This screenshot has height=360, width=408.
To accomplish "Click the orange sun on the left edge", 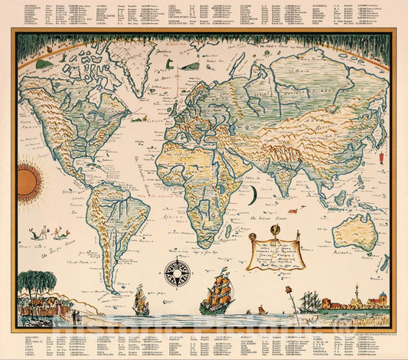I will point(28,181).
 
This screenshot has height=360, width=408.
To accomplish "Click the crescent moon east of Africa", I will point(251,196).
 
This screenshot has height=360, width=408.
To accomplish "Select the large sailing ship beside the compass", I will point(216,293).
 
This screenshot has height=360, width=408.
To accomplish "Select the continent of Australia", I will point(355,230).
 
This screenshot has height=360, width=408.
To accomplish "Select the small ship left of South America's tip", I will point(142,300).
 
